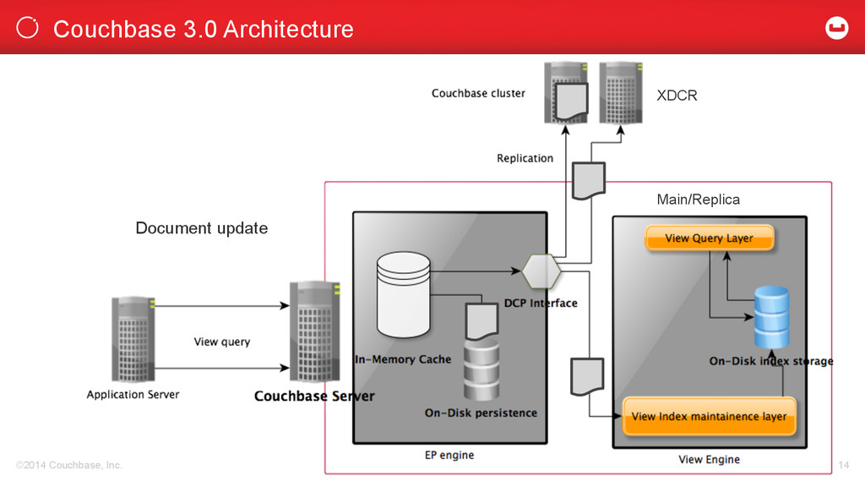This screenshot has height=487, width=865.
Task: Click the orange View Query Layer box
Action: click(710, 238)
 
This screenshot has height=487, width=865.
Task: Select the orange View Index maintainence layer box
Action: click(710, 416)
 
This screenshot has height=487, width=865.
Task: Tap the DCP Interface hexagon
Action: click(541, 271)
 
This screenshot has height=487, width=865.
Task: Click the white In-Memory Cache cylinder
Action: click(403, 294)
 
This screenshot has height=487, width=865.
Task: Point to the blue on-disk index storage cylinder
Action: click(771, 317)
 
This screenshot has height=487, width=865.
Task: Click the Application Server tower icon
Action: click(133, 339)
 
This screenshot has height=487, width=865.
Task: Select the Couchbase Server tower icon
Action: click(314, 331)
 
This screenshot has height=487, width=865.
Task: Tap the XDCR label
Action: click(677, 96)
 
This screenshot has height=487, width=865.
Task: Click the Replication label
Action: click(525, 158)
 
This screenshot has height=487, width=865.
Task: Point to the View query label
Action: click(222, 342)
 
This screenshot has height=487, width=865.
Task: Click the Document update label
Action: click(202, 228)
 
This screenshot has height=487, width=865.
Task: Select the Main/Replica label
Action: click(699, 200)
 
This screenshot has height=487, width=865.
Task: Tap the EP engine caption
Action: click(449, 455)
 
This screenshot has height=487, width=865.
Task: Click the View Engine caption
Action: click(709, 459)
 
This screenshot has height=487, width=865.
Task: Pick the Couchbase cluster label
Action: click(478, 93)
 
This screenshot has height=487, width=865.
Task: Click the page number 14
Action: click(844, 465)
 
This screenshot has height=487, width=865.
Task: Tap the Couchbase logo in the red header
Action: click(836, 28)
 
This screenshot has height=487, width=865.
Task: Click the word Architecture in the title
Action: click(289, 30)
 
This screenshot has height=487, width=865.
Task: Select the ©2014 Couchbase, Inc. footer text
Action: click(69, 465)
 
